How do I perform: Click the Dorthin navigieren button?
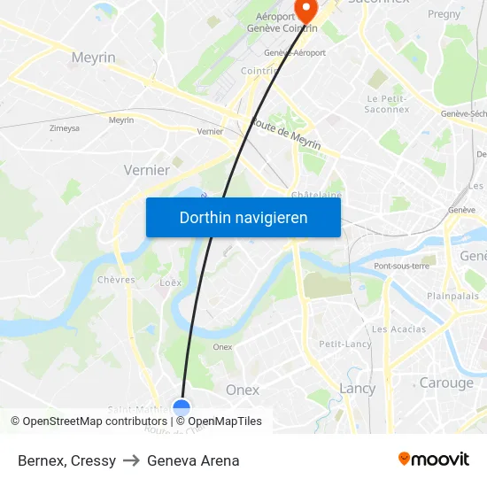click(243, 217)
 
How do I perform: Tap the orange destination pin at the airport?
click(305, 11)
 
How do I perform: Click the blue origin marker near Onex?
click(182, 409)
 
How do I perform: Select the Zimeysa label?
click(65, 128)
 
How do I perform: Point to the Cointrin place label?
click(260, 71)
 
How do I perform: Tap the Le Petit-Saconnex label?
click(385, 104)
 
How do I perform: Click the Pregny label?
click(444, 14)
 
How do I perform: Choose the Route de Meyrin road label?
click(285, 134)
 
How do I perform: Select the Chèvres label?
click(116, 280)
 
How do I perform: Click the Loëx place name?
click(170, 283)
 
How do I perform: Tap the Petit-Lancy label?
click(345, 344)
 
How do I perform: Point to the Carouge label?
click(446, 383)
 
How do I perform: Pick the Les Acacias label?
click(398, 329)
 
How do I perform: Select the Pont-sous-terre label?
click(402, 266)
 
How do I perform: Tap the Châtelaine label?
click(317, 195)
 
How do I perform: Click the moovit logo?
click(434, 460)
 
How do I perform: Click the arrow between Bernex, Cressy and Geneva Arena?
click(132, 460)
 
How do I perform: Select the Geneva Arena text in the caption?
click(193, 460)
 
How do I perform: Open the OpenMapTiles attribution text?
click(225, 421)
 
